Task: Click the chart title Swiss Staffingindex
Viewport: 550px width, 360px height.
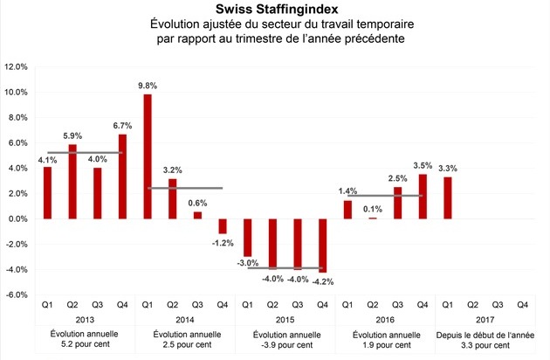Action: click(275, 9)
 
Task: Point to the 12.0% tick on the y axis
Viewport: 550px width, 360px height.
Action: click(17, 66)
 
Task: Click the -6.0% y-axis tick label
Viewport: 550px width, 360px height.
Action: click(17, 295)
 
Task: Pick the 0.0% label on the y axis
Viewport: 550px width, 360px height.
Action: click(18, 219)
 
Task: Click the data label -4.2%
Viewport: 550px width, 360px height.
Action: click(324, 281)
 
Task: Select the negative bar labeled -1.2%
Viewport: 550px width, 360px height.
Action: click(222, 226)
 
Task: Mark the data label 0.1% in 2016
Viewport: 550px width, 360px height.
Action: click(373, 208)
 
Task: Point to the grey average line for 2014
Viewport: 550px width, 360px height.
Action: click(185, 188)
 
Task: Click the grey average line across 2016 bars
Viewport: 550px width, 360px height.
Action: click(386, 195)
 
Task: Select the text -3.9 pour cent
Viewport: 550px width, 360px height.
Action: click(285, 345)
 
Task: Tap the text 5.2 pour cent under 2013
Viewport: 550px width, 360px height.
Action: click(85, 345)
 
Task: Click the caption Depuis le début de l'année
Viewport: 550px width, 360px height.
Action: click(485, 334)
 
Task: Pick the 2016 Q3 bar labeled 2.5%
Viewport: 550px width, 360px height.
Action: click(397, 203)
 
